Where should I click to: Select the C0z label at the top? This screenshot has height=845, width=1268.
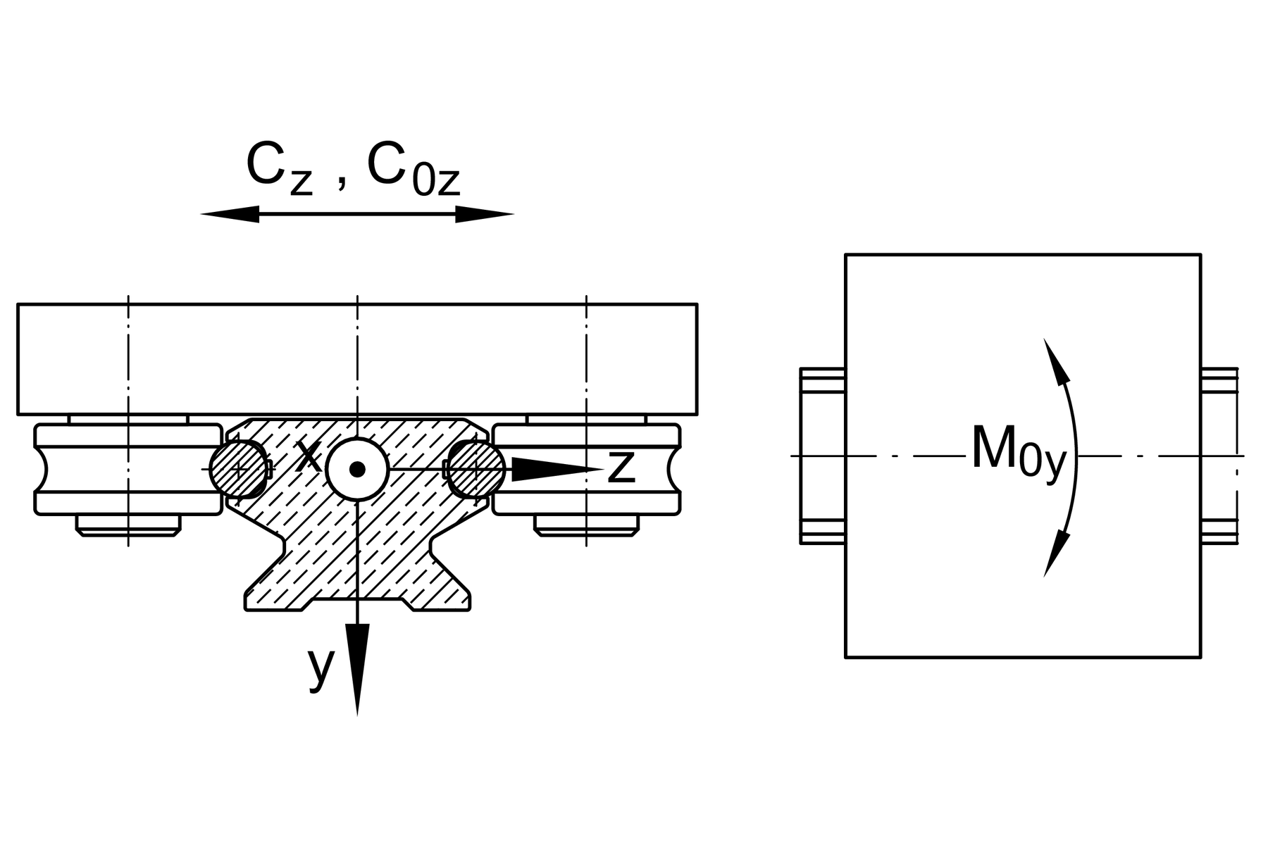[x=413, y=169]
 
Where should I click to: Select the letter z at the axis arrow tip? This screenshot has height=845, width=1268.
[x=621, y=466]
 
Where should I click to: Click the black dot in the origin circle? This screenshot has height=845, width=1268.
[x=357, y=469]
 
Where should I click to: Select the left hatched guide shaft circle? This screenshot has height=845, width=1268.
[x=238, y=469]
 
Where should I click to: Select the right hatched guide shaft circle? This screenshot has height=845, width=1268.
[x=477, y=469]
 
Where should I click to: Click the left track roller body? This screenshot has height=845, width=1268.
[x=127, y=469]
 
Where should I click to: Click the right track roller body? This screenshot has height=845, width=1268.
[x=586, y=469]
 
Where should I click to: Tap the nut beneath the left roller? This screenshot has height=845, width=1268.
[x=128, y=525]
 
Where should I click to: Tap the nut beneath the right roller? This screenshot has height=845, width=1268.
[x=586, y=525]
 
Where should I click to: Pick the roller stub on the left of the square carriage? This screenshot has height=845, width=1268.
[x=823, y=456]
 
